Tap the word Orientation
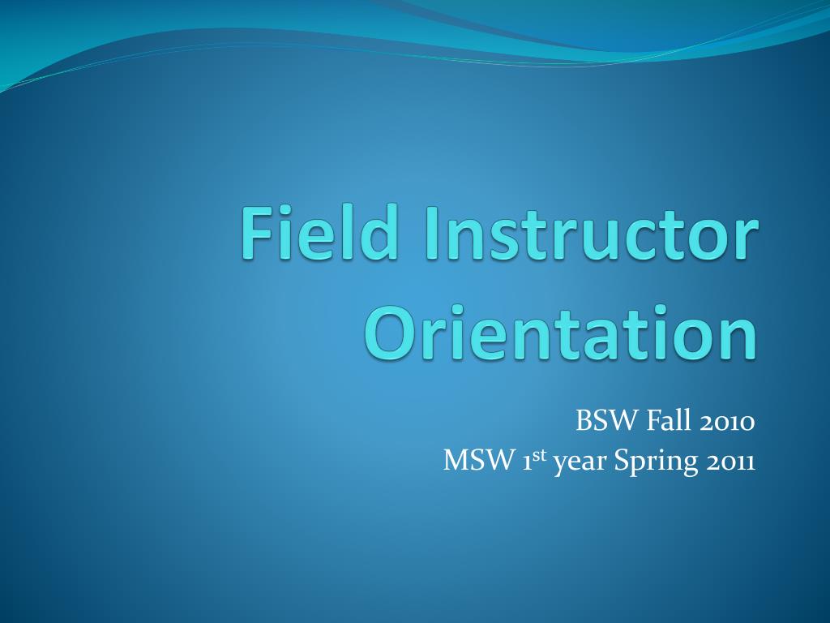560,333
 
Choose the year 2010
727,421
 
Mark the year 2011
730,461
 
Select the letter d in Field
380,232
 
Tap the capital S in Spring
622,461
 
